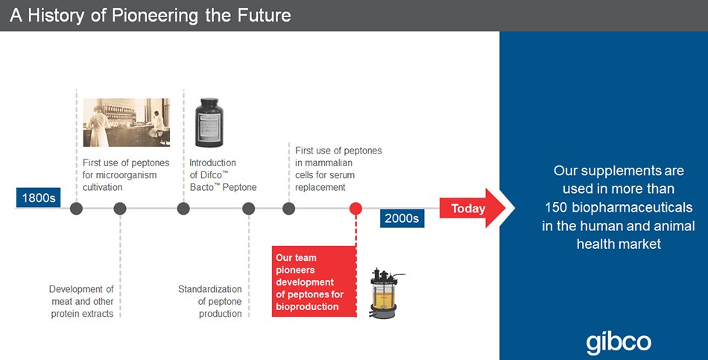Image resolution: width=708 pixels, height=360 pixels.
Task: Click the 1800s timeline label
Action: click(x=38, y=198)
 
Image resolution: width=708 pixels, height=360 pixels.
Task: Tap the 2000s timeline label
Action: click(x=402, y=218)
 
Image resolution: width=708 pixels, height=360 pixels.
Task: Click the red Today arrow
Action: click(x=472, y=208)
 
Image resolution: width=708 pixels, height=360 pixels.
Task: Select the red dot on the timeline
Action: click(x=355, y=208)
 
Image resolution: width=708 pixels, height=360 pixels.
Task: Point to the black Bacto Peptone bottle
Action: click(x=209, y=123)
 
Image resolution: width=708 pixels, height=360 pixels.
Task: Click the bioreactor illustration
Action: click(x=385, y=293)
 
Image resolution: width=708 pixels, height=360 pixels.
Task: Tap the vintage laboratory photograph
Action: click(x=127, y=122)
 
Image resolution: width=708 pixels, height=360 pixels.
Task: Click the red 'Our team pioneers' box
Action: click(x=314, y=282)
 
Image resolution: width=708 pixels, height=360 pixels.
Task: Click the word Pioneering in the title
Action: click(x=154, y=16)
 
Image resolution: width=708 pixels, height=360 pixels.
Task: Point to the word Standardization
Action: click(x=210, y=289)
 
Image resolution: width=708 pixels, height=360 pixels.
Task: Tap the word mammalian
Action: click(x=323, y=162)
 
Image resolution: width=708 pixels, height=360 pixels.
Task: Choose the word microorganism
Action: click(x=128, y=175)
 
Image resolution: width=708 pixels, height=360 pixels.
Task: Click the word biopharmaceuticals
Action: click(x=632, y=207)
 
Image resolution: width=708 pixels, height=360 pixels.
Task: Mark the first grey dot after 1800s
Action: click(x=76, y=208)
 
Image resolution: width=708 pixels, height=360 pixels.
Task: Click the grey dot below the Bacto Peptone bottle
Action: click(x=183, y=208)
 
